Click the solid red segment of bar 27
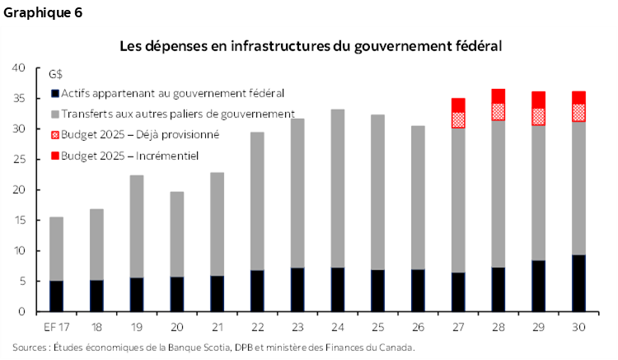tap(458, 105)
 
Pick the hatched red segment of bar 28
tap(499, 111)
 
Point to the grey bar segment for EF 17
tap(56, 248)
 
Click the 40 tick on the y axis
tap(20, 68)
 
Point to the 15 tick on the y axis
tap(20, 220)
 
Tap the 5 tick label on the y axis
tap(23, 281)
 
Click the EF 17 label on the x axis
tap(55, 326)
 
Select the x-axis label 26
tap(418, 326)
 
